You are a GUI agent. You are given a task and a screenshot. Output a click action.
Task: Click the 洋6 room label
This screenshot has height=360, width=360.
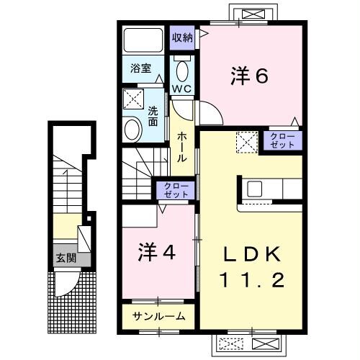(x=249, y=75)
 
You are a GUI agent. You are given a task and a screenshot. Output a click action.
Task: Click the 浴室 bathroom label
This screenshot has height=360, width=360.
(x=140, y=69)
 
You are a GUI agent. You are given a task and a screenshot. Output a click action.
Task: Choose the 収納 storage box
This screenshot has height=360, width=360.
(x=182, y=37)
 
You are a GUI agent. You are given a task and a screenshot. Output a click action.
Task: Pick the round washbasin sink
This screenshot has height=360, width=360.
(x=132, y=130)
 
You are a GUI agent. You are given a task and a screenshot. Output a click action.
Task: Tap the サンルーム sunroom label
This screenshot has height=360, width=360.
(x=158, y=316)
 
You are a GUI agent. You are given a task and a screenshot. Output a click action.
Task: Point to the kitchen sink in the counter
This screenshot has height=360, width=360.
(x=255, y=189)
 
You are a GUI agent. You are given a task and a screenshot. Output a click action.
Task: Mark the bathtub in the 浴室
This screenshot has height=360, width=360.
(x=143, y=40)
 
